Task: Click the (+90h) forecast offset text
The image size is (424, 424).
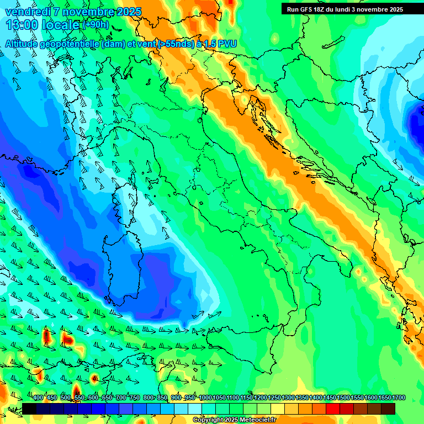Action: [x=96, y=25]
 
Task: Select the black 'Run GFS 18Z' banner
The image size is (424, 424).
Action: [x=344, y=9]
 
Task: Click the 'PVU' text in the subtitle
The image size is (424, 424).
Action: [x=226, y=44]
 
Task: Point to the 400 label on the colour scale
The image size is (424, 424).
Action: [x=38, y=398]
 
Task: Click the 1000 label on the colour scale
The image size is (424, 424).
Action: [x=205, y=398]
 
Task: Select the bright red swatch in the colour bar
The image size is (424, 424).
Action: [x=333, y=409]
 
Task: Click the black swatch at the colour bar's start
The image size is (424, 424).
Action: [x=29, y=409]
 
